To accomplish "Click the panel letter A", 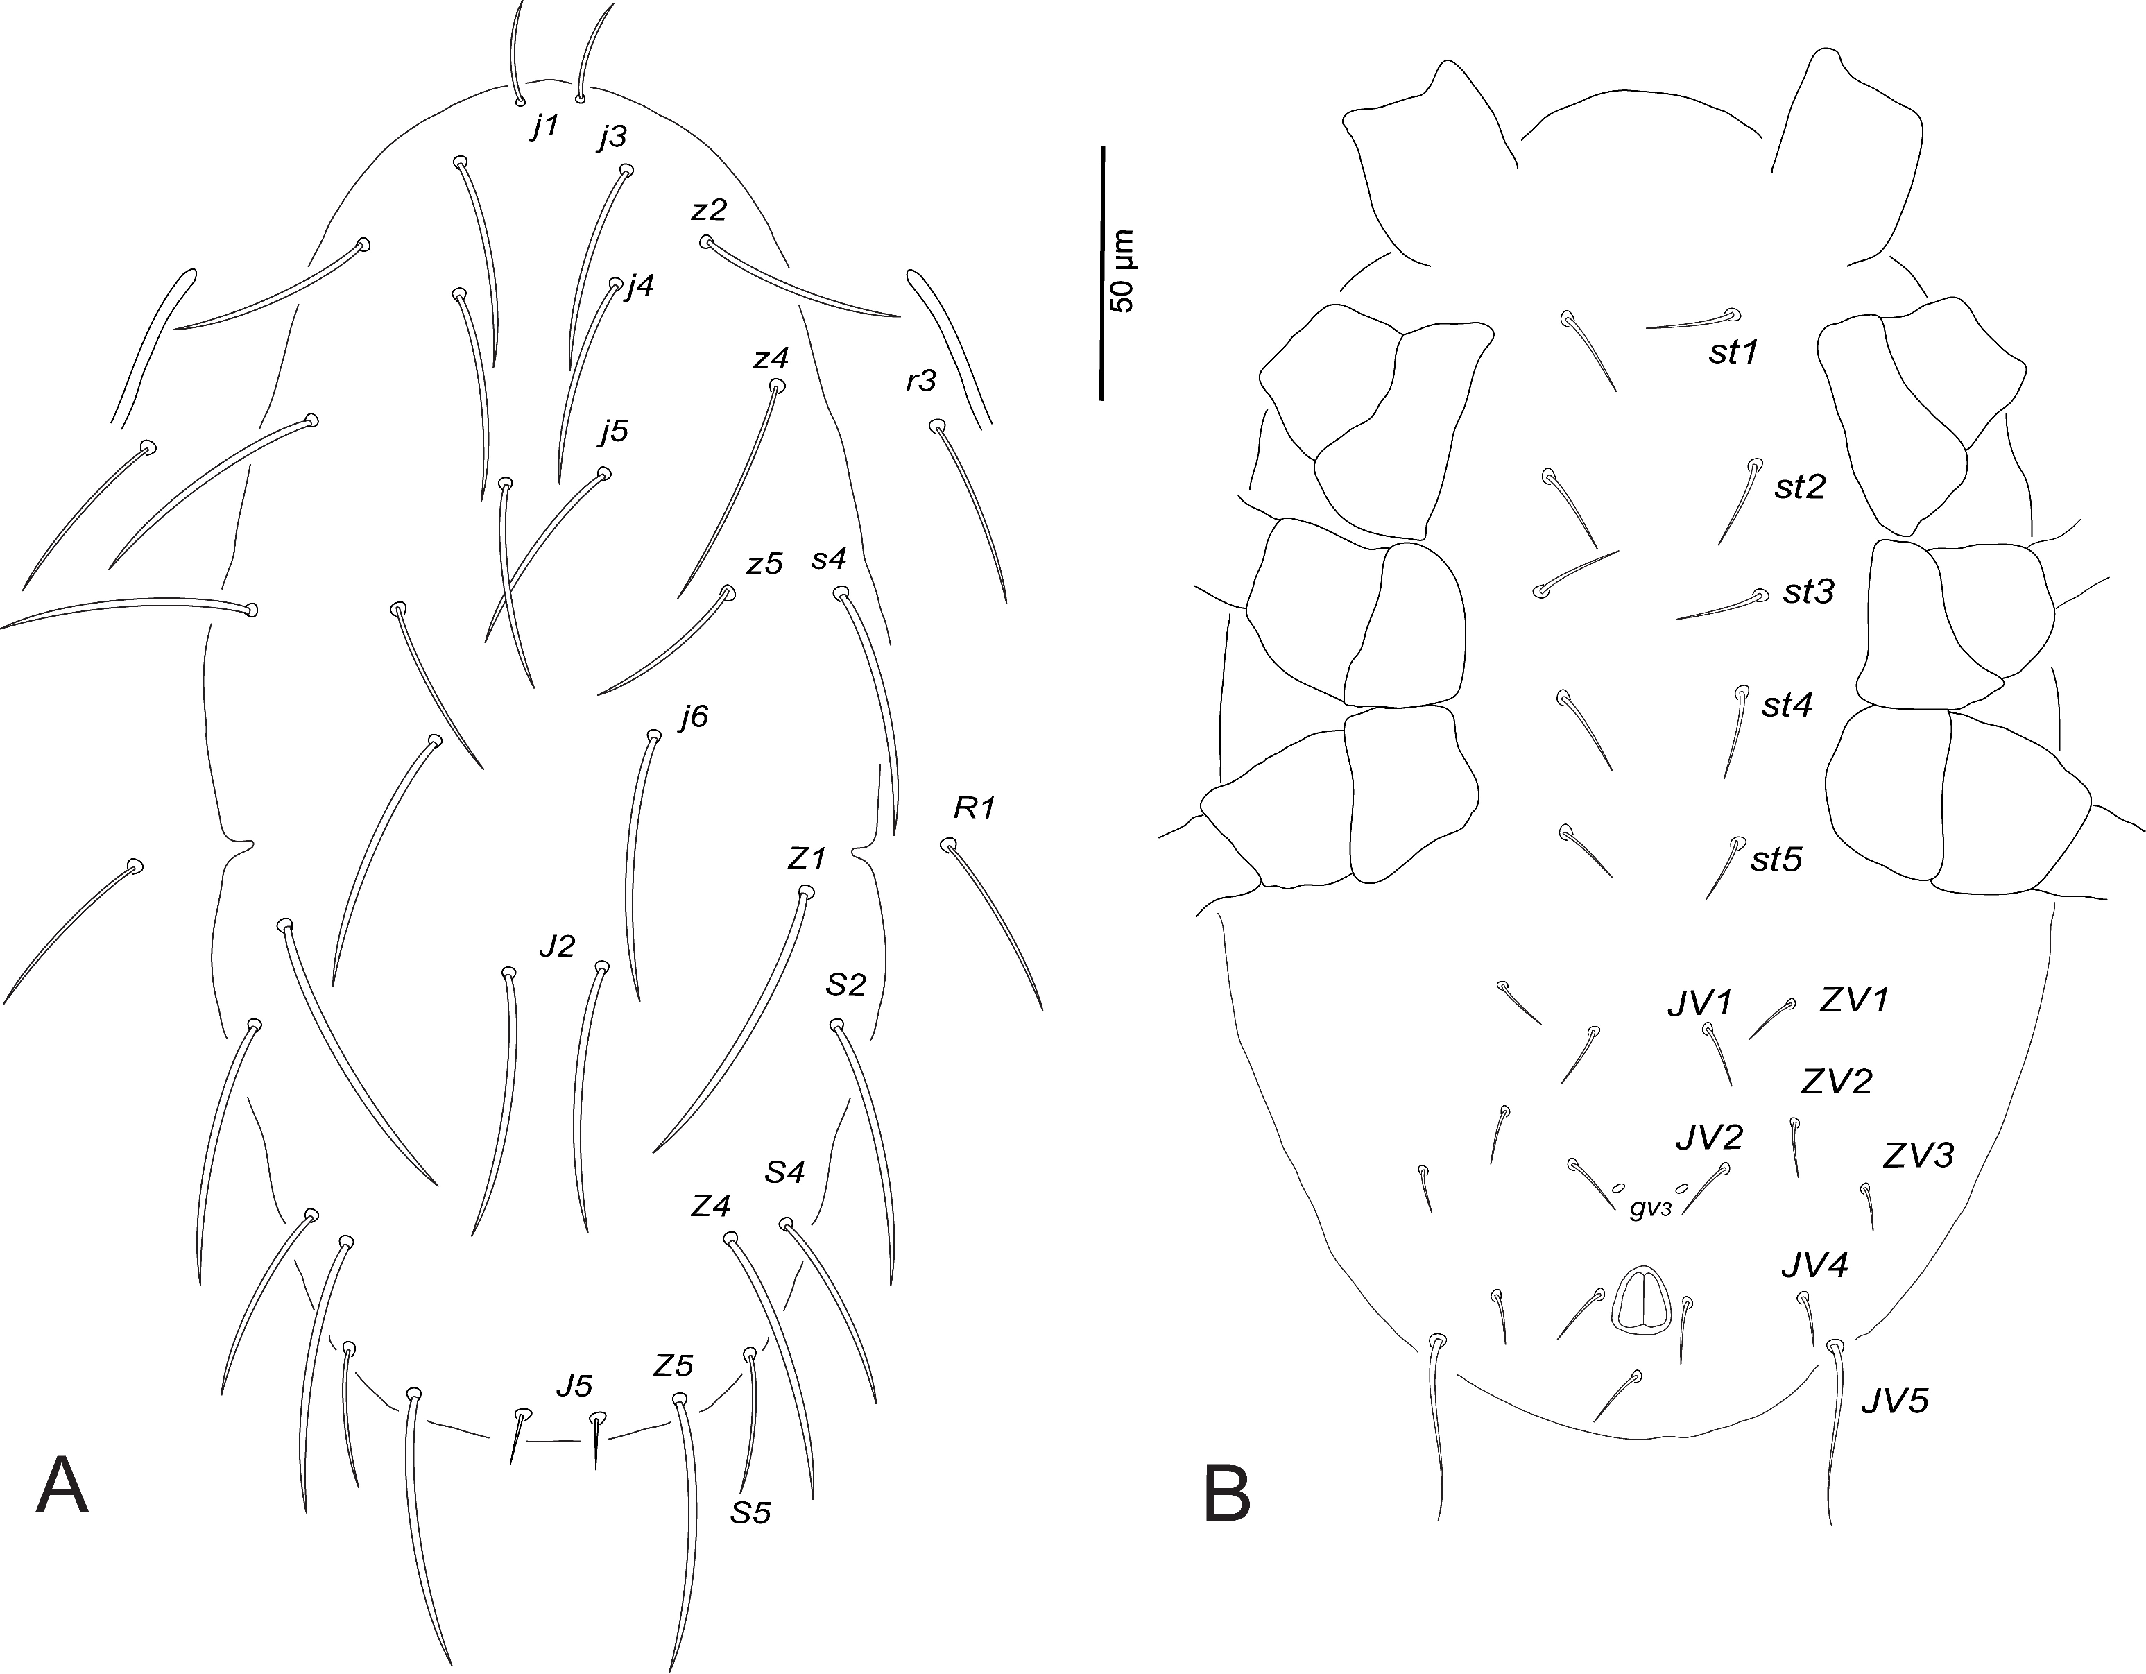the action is [x=62, y=1487].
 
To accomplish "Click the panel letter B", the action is [x=1227, y=1494].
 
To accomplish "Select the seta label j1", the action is [x=544, y=126].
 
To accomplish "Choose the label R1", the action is [x=975, y=808].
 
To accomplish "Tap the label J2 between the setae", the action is [x=556, y=946].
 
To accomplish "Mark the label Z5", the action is [x=673, y=1365].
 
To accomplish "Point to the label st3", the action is [x=1809, y=592].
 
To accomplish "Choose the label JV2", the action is [x=1710, y=1137].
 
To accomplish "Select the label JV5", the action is [x=1894, y=1401].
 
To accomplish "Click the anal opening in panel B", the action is [x=1641, y=1301].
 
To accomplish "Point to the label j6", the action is [x=693, y=717].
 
